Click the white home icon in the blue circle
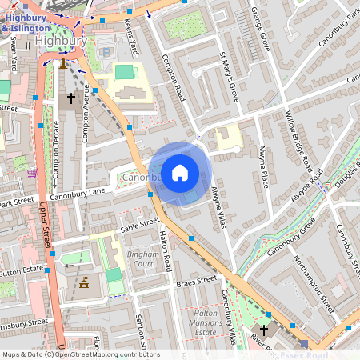point(180,171)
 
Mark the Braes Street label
point(197,281)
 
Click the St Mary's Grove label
point(228,75)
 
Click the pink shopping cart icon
point(32,172)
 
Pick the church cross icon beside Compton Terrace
point(70,98)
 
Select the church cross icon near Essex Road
point(265,330)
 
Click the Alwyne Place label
point(265,163)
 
